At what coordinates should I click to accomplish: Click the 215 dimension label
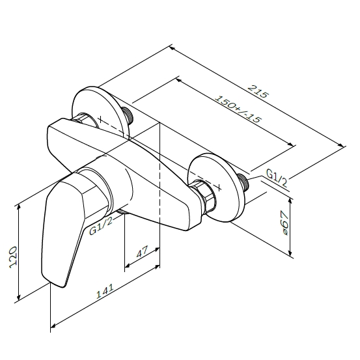click(x=258, y=91)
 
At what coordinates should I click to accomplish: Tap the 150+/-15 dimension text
click(x=238, y=109)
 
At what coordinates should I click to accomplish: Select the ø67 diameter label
click(x=284, y=223)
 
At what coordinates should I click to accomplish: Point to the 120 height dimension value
click(x=13, y=257)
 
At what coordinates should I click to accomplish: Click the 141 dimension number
click(x=105, y=291)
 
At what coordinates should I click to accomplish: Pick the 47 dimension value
click(x=143, y=252)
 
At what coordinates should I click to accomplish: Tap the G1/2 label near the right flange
click(x=277, y=177)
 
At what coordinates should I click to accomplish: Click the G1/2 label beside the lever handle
click(x=101, y=226)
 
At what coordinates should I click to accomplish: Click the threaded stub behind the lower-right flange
click(x=243, y=182)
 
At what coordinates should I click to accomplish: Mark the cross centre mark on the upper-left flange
click(x=100, y=119)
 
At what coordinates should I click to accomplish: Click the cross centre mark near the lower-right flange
click(x=219, y=187)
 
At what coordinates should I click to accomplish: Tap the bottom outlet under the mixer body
click(x=123, y=212)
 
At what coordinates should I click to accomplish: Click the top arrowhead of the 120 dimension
click(x=19, y=206)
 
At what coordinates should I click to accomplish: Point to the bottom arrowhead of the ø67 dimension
click(x=290, y=253)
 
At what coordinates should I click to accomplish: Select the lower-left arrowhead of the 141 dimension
click(x=53, y=325)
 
